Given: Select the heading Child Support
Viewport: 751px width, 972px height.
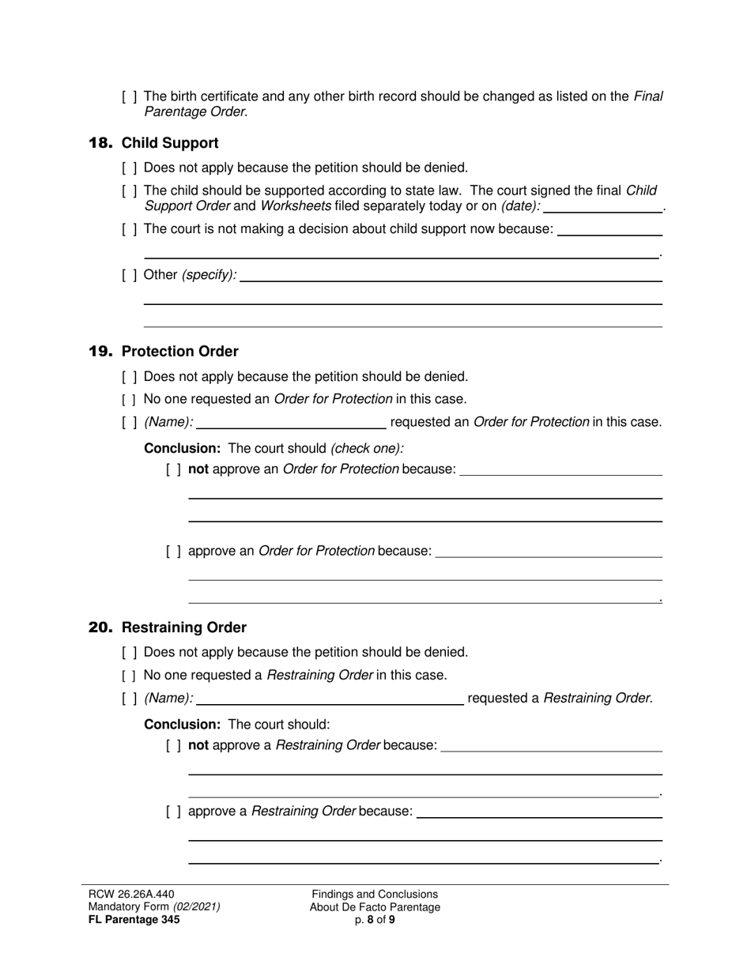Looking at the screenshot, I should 170,143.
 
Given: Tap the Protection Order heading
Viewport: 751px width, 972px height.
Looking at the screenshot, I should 179,352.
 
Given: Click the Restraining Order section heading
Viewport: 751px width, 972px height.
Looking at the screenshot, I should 184,627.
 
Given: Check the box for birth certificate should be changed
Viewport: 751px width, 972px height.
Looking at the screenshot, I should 130,97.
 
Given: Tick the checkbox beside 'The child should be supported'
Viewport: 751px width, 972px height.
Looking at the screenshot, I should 130,191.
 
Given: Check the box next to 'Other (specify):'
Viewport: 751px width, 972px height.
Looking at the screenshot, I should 130,275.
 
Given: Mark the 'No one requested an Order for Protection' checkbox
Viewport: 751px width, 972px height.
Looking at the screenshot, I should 130,399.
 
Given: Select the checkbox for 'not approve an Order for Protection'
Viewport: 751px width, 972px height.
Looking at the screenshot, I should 174,469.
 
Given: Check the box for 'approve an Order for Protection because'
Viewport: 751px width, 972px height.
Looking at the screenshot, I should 174,551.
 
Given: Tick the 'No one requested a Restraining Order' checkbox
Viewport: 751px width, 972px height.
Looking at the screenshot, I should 130,676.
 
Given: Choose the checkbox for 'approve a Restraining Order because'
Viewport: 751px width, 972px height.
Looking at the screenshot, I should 174,812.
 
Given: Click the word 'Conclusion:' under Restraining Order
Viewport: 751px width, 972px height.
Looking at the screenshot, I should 182,725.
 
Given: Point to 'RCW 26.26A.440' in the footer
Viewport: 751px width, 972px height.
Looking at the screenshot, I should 131,894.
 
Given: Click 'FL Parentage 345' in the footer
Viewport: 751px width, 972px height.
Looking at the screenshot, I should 134,920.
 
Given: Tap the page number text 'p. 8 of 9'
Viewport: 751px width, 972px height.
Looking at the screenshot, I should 375,920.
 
